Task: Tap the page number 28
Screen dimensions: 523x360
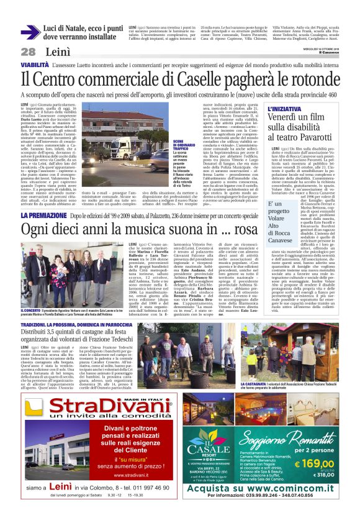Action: click(28, 52)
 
